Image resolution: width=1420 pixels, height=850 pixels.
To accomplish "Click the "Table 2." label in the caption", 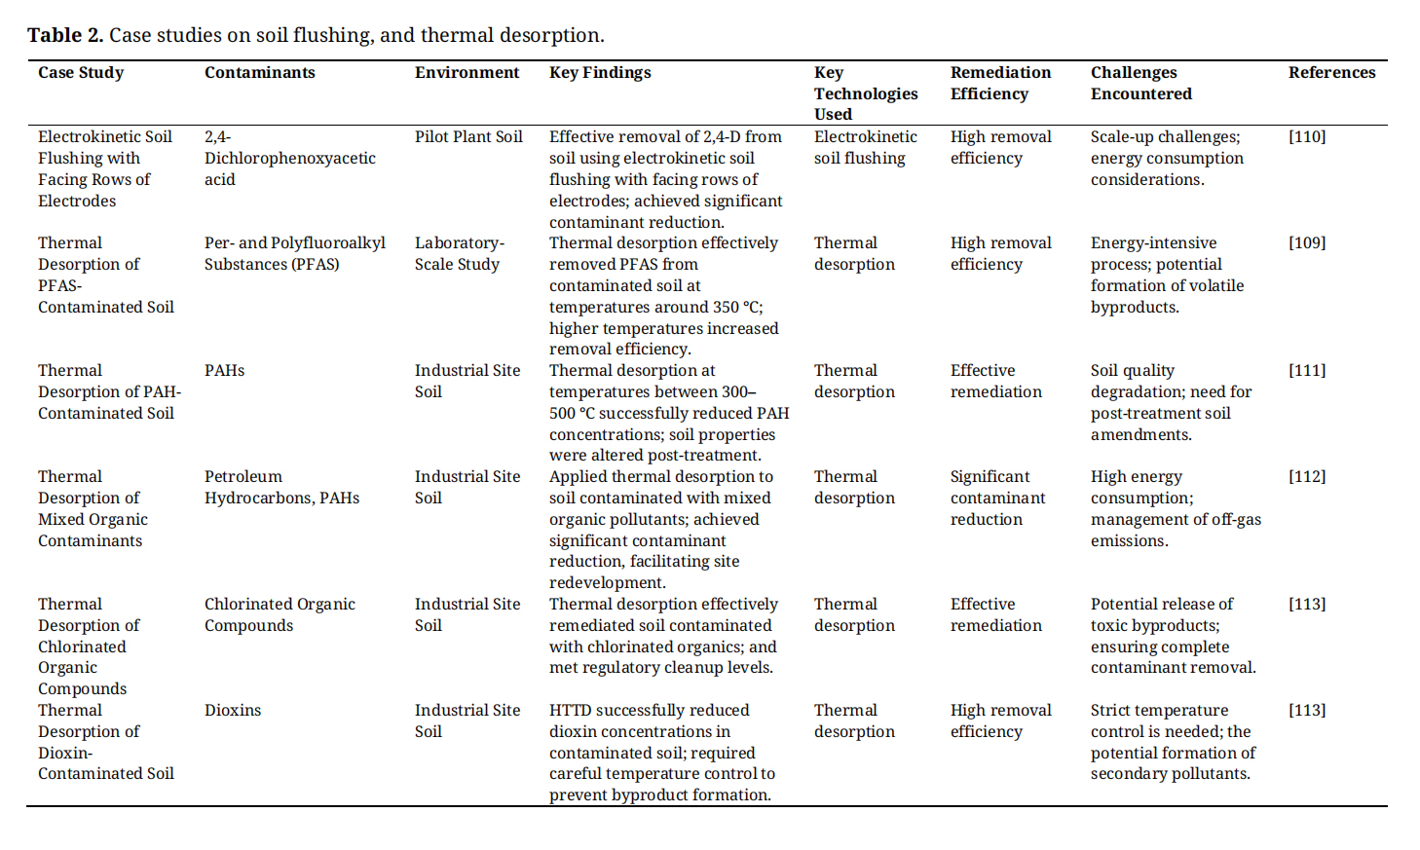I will pos(64,35).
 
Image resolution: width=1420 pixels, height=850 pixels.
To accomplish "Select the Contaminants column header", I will pos(259,72).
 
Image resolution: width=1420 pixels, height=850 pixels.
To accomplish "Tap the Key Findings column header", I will pos(600,72).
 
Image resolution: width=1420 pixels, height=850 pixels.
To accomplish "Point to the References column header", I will pos(1331,72).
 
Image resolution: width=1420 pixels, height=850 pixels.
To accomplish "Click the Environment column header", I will pos(467,72).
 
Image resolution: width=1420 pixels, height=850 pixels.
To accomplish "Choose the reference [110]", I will pos(1307,136).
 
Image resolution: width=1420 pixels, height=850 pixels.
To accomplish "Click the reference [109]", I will pos(1307,242).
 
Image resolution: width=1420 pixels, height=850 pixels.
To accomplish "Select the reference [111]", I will pos(1307,370).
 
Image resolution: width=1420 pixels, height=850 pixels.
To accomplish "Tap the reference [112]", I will pos(1307,476).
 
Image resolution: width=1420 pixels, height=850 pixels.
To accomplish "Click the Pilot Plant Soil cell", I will pos(468,136).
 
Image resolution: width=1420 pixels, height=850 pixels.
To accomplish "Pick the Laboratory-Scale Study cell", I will pos(459,253).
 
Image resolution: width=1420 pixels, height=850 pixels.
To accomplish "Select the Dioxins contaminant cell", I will pos(233,710).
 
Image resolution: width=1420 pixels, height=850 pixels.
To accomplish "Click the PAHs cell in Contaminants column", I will pos(224,370).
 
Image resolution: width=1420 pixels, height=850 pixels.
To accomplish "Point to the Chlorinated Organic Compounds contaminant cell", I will pos(280,614).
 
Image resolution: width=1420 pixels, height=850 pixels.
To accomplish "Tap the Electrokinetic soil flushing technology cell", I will pos(865,147).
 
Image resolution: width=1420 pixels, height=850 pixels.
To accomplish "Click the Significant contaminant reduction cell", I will pos(997,498).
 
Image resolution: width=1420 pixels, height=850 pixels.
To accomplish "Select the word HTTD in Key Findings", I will pos(570,710).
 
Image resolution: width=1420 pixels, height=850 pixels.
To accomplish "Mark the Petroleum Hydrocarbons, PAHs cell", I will pos(281,487).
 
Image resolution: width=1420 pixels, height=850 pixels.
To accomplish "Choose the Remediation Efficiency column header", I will pos(1000,83).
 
